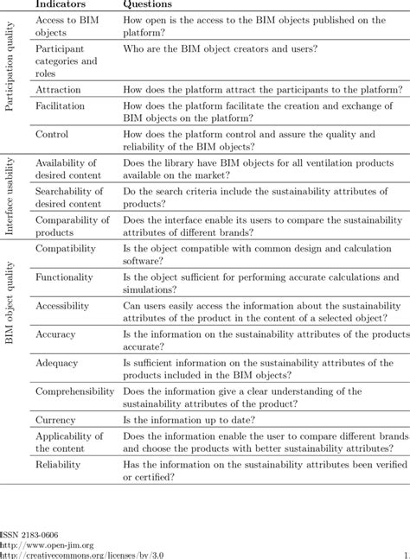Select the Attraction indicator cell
58,90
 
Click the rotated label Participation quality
10,79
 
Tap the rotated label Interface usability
10,196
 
